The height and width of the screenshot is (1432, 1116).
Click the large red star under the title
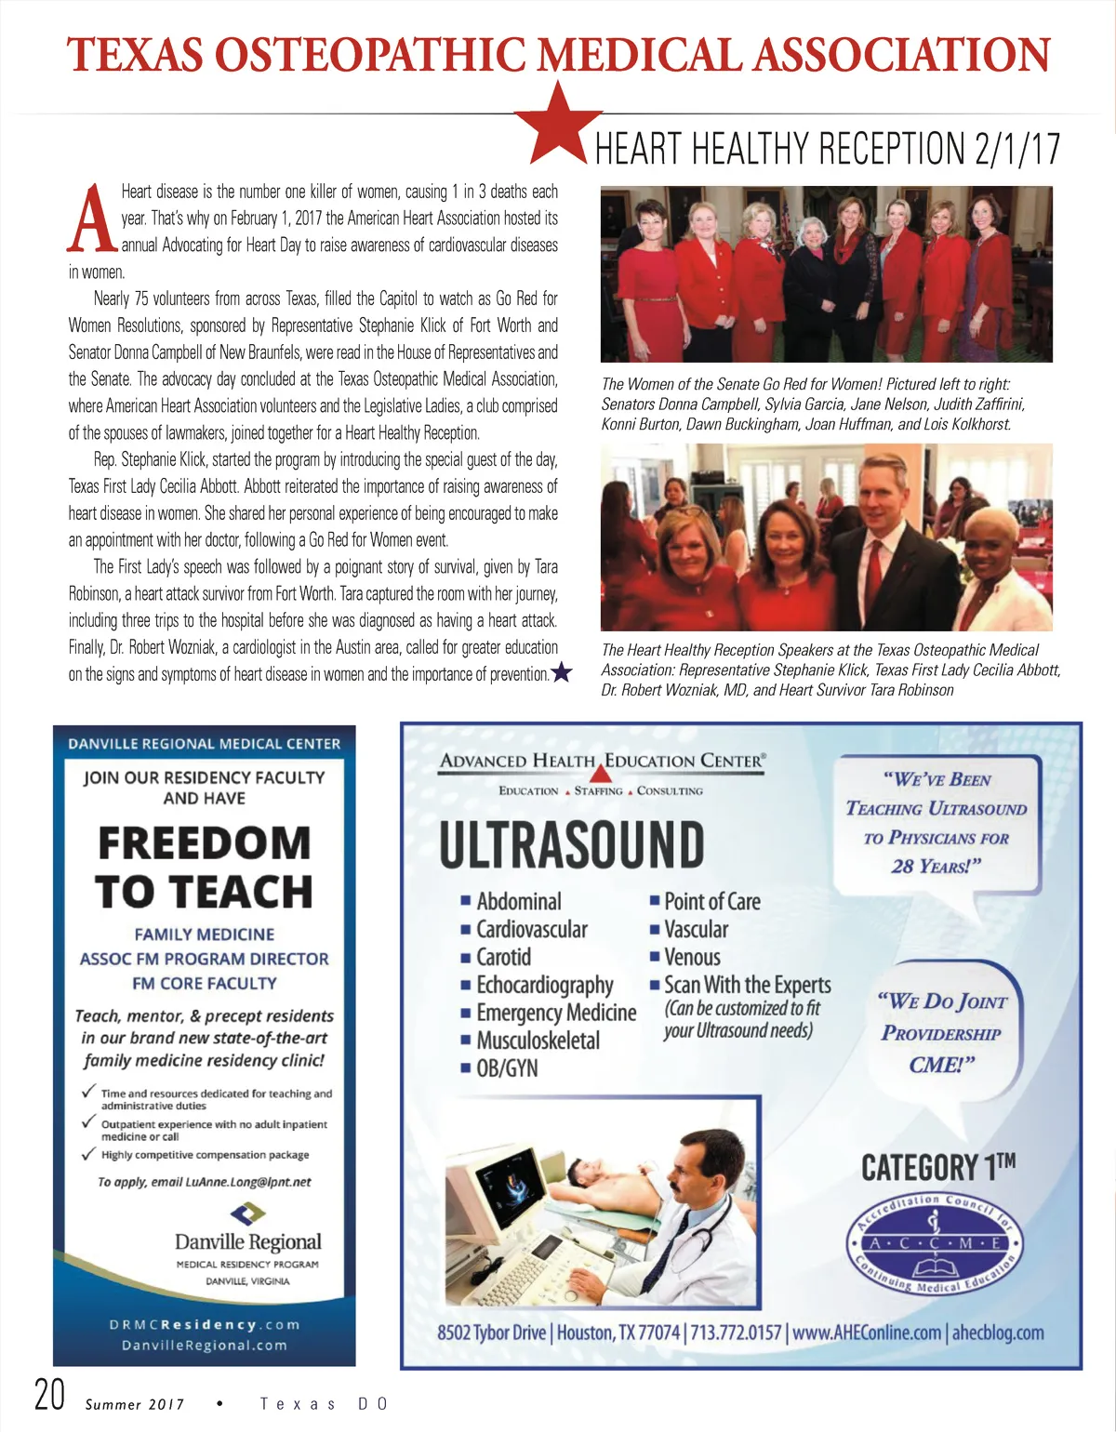coord(559,122)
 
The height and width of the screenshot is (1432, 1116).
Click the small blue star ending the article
coord(562,672)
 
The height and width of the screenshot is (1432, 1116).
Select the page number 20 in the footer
coord(49,1395)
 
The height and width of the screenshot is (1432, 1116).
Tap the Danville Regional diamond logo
coord(247,1213)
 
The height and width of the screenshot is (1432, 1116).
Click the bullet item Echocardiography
coord(544,985)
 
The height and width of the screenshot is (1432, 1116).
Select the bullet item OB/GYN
coord(507,1068)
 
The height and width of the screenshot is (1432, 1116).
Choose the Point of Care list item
coord(711,901)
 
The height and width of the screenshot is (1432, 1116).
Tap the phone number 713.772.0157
coord(735,1333)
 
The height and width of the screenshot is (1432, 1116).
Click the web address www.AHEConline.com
coord(867,1333)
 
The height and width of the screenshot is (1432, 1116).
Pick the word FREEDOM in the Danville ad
coord(205,843)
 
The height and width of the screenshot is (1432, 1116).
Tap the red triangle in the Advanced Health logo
coord(602,773)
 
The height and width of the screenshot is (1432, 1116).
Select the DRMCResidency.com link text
coord(205,1324)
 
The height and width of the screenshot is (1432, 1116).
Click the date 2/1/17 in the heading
coord(1017,149)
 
